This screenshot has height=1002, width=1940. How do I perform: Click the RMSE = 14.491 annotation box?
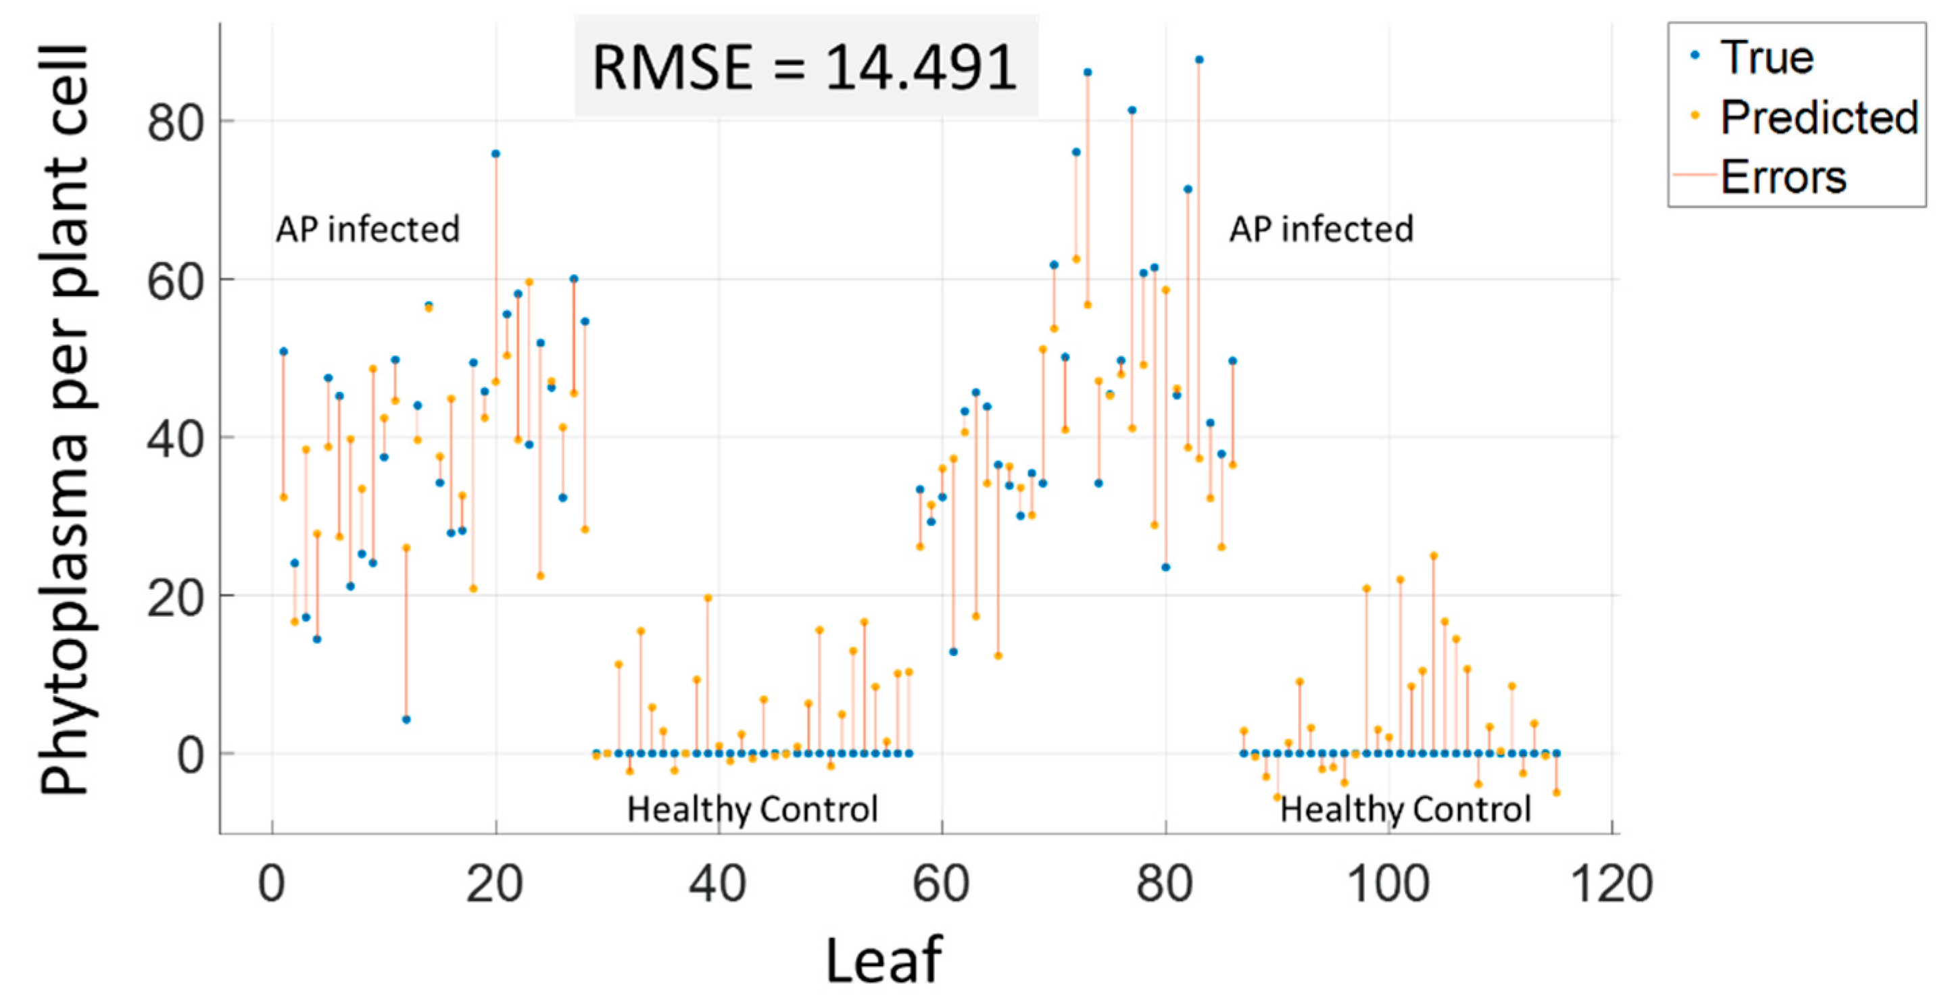(806, 66)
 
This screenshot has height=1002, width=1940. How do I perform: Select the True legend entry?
(1766, 57)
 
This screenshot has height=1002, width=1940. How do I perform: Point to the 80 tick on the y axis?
(174, 122)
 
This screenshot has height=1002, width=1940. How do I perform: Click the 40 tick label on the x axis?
(718, 884)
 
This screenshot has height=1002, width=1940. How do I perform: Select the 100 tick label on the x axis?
(1387, 884)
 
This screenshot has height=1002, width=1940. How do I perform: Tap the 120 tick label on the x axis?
(1611, 884)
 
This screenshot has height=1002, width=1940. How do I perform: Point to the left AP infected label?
(368, 229)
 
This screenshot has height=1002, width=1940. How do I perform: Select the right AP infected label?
(1321, 229)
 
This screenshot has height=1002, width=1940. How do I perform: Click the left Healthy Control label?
(752, 810)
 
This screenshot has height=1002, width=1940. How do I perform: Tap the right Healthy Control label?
(1405, 810)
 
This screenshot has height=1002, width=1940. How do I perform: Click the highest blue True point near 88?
(1199, 59)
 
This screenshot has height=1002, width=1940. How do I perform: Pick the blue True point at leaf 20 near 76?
(495, 153)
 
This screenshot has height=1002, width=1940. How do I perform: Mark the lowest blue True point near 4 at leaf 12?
(406, 720)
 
